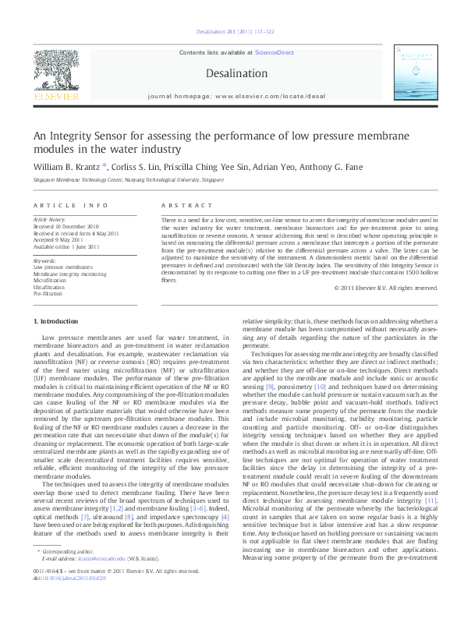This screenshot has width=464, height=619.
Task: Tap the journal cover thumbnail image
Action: [415, 74]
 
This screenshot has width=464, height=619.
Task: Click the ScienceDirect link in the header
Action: [275, 51]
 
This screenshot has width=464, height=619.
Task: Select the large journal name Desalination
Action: [232, 72]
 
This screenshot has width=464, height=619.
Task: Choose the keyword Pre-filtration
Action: [47, 294]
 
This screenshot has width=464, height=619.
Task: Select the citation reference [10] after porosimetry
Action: [320, 387]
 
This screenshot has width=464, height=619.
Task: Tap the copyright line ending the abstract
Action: [385, 288]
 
